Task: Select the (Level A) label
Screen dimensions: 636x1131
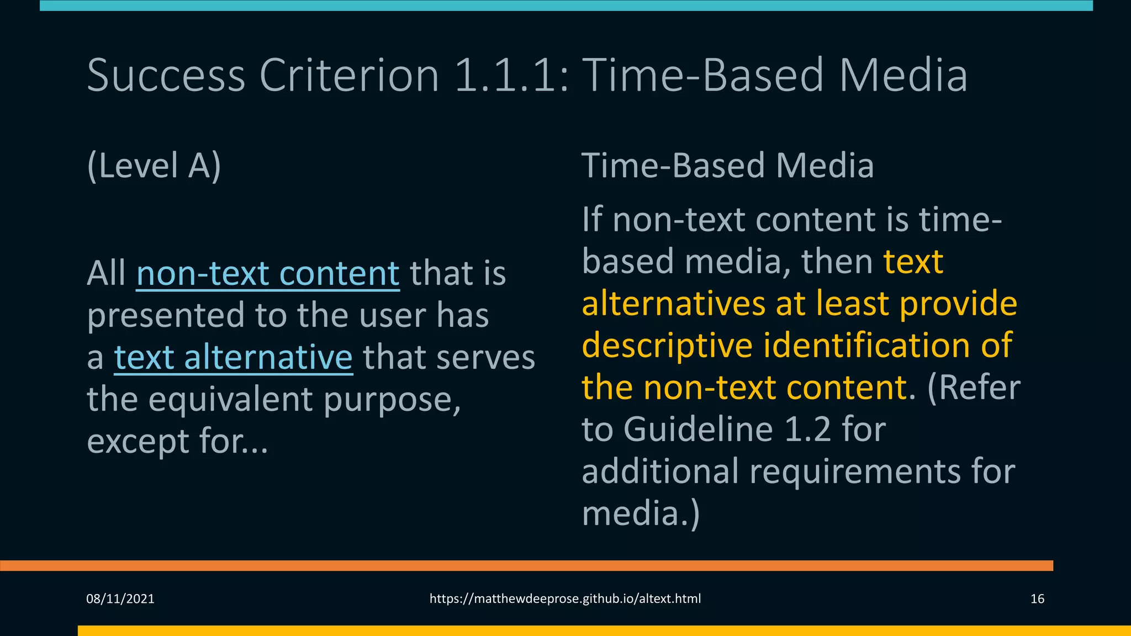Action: [x=154, y=166]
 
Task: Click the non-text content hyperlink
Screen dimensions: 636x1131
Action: [x=268, y=274]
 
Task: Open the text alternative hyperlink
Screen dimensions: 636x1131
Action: [x=233, y=358]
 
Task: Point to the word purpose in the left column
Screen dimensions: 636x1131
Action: [x=392, y=400]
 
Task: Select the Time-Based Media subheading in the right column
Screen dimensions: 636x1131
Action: [x=727, y=166]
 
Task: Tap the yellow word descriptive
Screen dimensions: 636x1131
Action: [x=667, y=346]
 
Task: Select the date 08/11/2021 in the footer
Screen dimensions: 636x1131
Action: [x=120, y=599]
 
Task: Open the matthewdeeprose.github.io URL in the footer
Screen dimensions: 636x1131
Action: [x=565, y=599]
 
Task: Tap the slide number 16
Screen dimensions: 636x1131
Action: [x=1037, y=599]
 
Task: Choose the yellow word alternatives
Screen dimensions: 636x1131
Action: [x=674, y=304]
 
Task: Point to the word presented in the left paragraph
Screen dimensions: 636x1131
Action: [x=166, y=316]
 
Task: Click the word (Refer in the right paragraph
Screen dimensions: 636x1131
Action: [x=973, y=388]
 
